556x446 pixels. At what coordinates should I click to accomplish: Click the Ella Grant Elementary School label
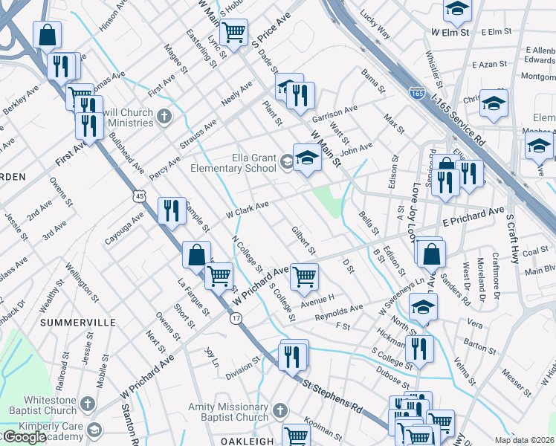pos(230,162)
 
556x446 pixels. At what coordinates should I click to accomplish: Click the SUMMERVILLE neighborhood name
pos(78,323)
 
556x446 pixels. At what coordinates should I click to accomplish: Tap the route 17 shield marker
pos(236,318)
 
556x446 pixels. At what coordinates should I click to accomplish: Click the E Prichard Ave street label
pos(473,217)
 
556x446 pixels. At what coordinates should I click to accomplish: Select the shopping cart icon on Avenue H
pos(304,277)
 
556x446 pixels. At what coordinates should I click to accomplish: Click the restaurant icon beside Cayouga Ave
pos(172,210)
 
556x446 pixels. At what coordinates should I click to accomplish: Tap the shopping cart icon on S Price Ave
pos(234,32)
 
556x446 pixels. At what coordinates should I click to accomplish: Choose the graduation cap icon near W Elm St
pos(457,10)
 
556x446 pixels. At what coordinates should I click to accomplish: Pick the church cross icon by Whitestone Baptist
pos(88,404)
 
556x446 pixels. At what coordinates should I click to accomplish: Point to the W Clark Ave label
pos(247,209)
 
